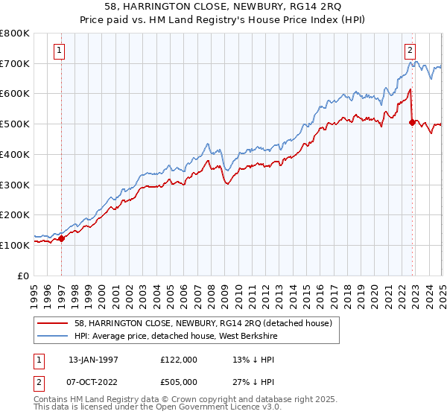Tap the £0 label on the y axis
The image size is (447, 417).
point(22,275)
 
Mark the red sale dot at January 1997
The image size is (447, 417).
point(62,238)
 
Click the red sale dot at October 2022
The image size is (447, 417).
point(412,123)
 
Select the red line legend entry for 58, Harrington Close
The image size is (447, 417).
point(204,322)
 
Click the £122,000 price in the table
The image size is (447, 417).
point(179,359)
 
